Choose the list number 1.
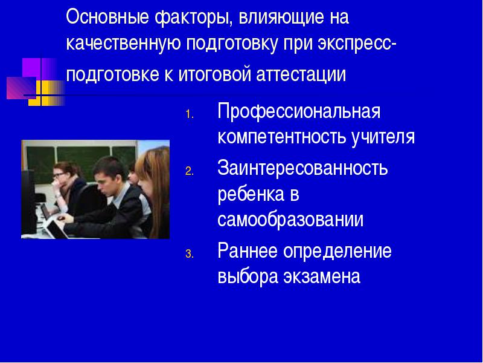pos(190,115)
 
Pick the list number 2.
pos(190,171)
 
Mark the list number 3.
pos(190,254)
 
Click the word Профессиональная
pos(299,112)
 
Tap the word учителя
pos(383,137)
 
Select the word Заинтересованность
pos(302,168)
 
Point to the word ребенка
pos(250,194)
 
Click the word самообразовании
pos(290,220)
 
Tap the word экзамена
pos(322,276)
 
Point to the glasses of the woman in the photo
pos(58,176)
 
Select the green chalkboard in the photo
pos(81,160)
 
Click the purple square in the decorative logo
pos(32,67)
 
